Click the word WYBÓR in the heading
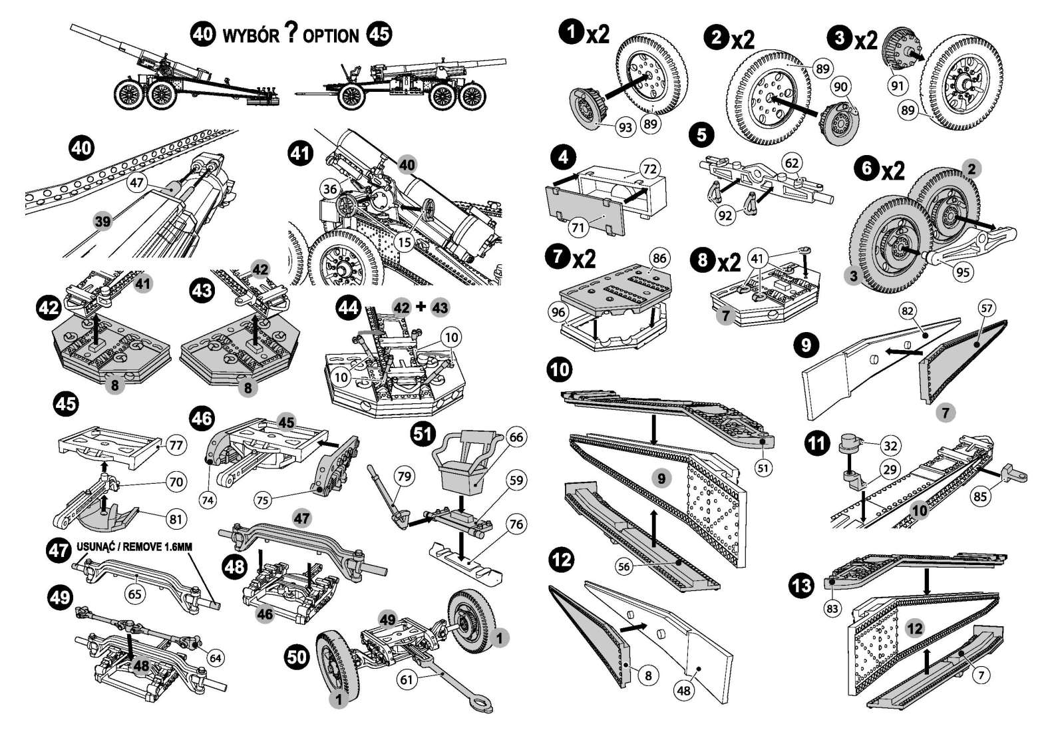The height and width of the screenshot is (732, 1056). (250, 36)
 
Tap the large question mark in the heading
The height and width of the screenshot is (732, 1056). (292, 33)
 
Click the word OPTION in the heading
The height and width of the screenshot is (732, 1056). (331, 37)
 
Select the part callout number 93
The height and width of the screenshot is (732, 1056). (625, 127)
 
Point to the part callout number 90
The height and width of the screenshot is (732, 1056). (840, 87)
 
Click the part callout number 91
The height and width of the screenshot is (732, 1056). (898, 86)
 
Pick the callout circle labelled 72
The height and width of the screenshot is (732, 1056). (650, 169)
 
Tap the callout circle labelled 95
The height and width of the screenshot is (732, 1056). (963, 272)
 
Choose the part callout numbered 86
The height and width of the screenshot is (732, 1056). (659, 258)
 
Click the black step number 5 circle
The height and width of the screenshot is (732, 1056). (701, 135)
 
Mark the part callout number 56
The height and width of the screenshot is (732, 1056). (623, 566)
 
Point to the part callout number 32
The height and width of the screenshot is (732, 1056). (890, 445)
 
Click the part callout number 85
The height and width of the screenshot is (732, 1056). (980, 496)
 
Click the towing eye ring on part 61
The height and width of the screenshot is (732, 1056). (482, 704)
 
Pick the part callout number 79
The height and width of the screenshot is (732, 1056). (404, 476)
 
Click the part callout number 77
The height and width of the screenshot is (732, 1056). (176, 445)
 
